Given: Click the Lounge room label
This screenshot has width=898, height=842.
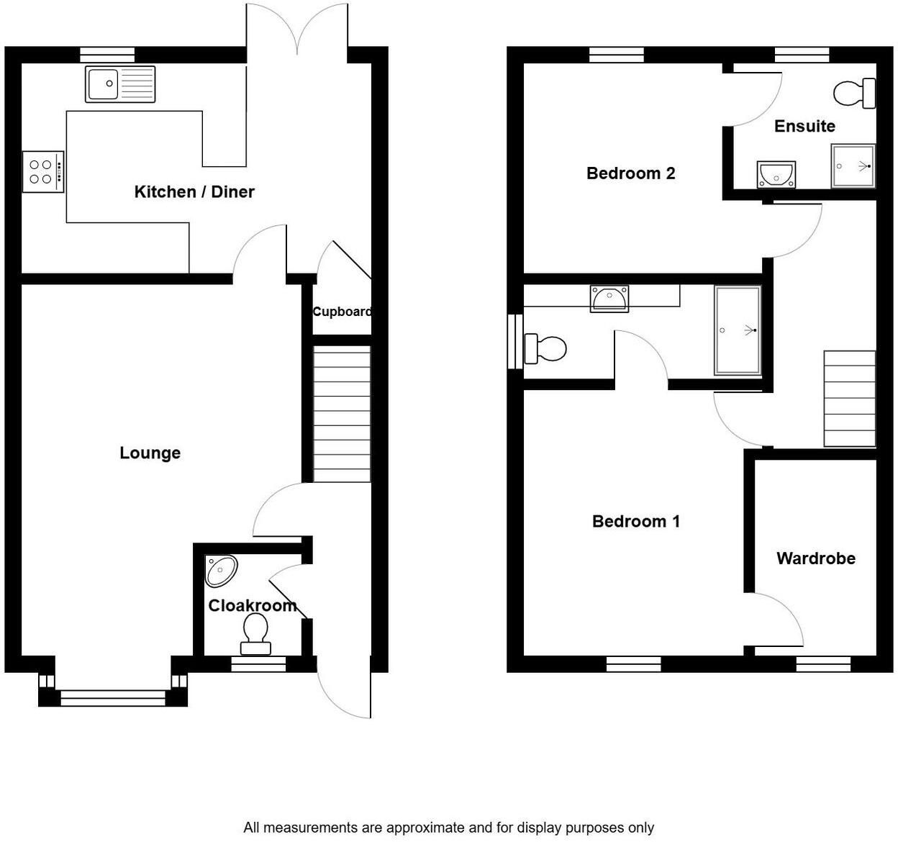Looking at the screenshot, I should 150,453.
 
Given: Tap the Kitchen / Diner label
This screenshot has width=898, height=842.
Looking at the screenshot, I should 194,191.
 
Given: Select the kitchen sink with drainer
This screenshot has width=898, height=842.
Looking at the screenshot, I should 120,84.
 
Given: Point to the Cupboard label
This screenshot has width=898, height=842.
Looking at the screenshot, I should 342,312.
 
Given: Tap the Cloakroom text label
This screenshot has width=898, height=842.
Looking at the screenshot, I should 253,605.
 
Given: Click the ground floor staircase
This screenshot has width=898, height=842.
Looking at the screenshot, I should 343,414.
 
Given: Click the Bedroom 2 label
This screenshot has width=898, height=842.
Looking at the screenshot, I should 630,173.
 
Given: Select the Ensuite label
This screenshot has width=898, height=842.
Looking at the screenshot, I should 804,126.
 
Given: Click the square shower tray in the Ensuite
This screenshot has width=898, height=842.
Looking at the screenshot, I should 853,166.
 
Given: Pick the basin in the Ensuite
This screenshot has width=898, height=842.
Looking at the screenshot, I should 776,174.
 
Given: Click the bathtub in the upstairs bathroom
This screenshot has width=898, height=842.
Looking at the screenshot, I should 738,330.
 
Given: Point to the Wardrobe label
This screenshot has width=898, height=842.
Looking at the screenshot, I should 816,558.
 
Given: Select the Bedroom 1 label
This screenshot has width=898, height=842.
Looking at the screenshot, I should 636,521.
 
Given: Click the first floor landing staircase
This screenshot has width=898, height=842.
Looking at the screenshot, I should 849,399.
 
